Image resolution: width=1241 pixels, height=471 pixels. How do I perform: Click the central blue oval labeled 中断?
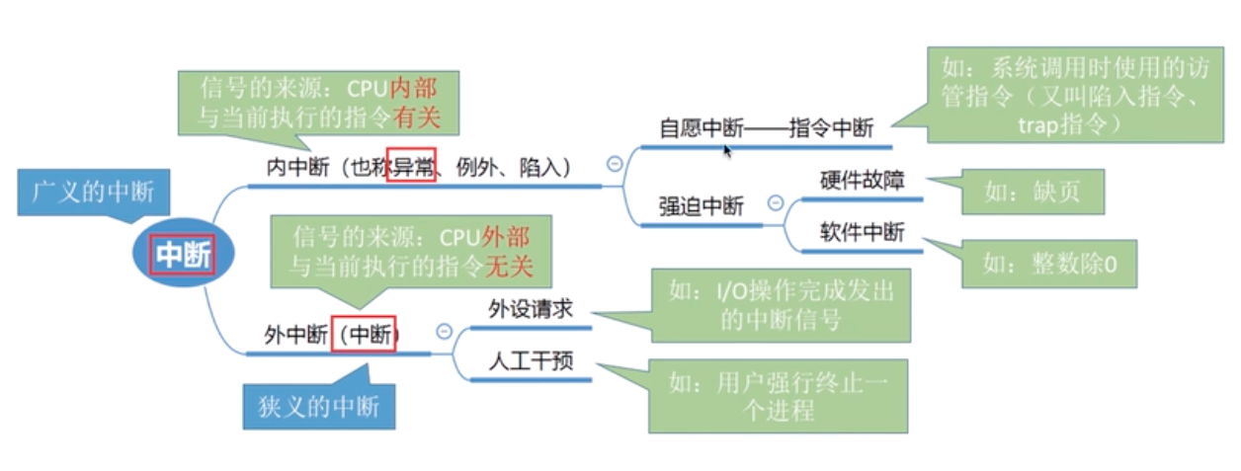point(184,256)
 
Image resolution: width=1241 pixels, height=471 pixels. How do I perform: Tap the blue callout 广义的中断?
point(86,192)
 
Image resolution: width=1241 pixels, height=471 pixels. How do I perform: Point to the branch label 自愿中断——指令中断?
point(767,129)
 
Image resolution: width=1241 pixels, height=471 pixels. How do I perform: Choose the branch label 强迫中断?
point(702,206)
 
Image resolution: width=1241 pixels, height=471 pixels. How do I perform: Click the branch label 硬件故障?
point(863,181)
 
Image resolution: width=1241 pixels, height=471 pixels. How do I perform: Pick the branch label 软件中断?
point(863,233)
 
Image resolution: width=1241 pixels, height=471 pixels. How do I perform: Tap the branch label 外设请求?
point(531,309)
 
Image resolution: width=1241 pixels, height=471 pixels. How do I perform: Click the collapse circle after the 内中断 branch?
point(615,164)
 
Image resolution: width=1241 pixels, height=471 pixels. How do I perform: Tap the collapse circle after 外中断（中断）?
point(445,332)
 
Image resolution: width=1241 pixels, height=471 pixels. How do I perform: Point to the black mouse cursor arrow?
point(728,150)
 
